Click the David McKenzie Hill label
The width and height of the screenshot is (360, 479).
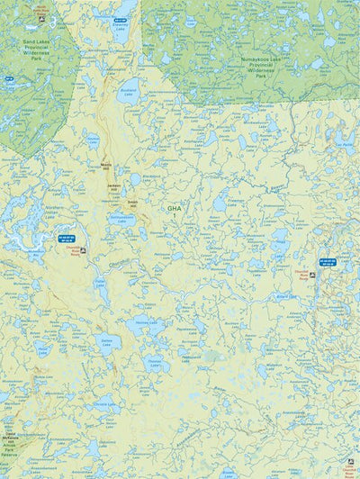(12, 438)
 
